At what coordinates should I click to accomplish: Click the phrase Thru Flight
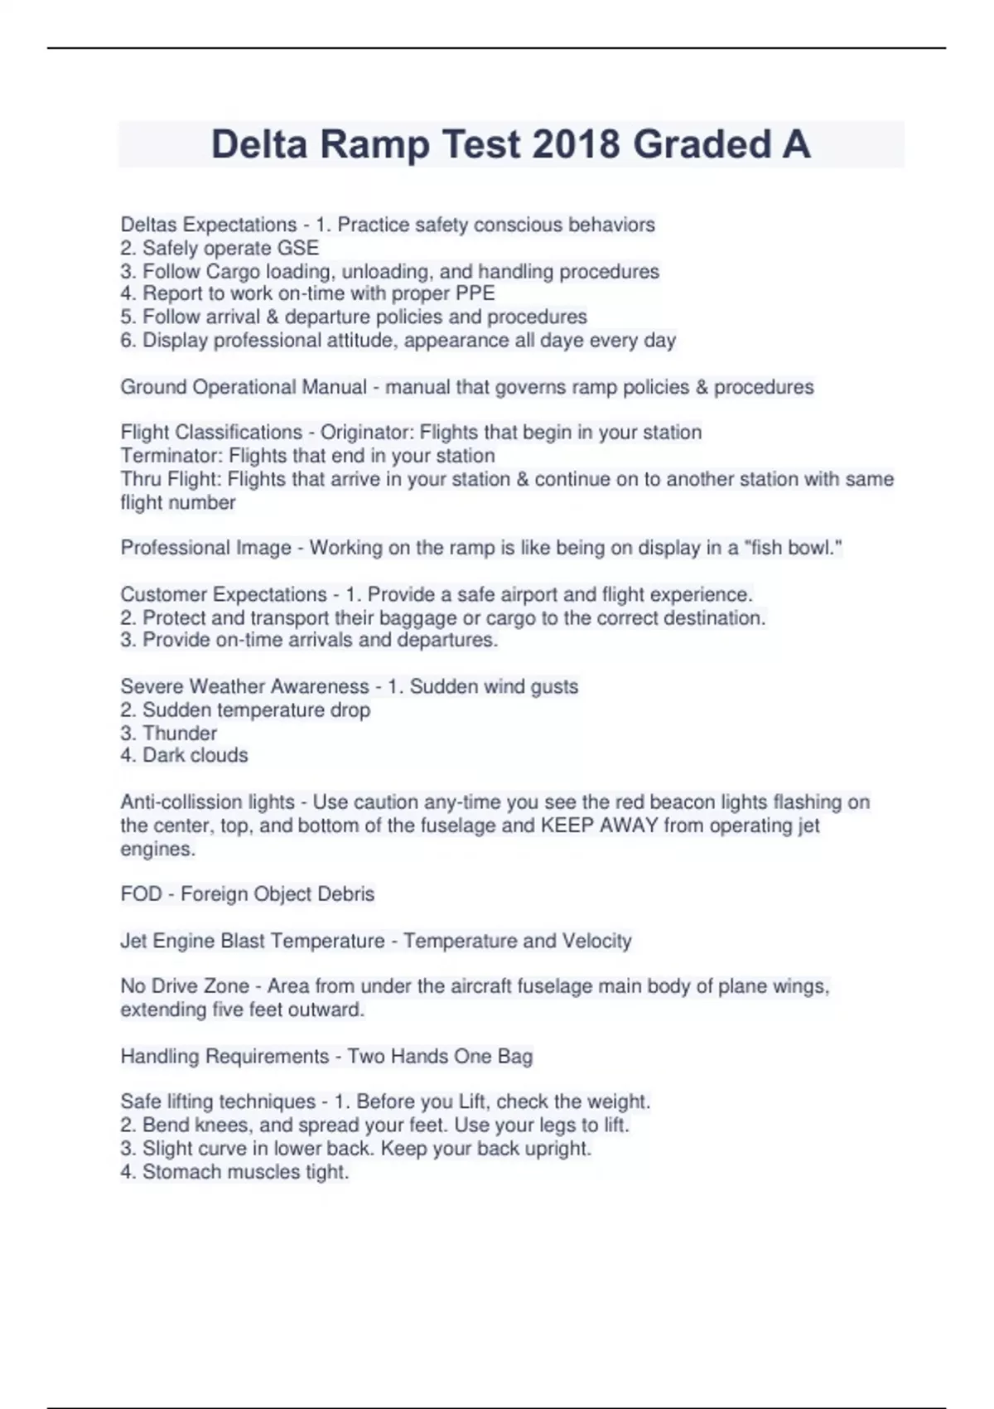pos(170,479)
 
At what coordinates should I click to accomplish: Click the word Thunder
pos(180,734)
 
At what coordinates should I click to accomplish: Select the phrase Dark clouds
pos(195,755)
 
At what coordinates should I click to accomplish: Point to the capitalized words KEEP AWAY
pos(599,826)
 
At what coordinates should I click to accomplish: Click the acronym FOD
pos(141,894)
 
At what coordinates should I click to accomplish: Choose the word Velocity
pos(596,941)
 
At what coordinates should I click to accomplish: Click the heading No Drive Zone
pos(185,986)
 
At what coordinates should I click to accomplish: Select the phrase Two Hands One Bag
pos(440,1056)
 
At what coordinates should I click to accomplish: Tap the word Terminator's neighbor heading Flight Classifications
pos(211,433)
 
